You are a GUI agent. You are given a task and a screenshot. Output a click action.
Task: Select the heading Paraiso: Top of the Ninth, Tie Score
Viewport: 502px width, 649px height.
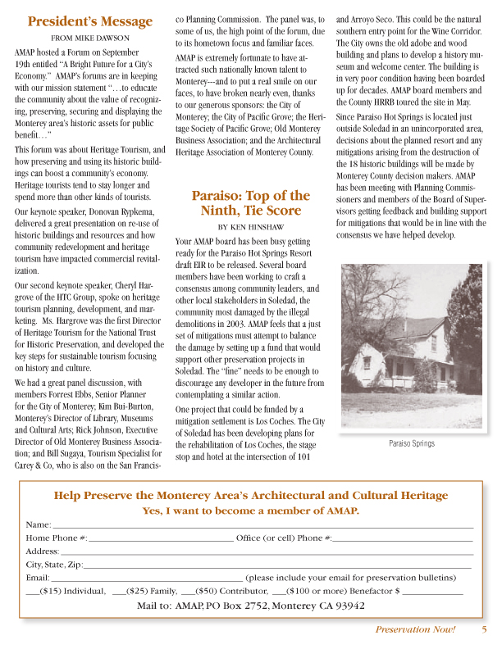pos(250,203)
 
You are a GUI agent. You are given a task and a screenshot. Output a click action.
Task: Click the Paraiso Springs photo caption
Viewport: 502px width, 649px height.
pos(411,443)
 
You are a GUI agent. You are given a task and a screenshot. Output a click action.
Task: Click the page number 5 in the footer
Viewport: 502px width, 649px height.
pos(484,629)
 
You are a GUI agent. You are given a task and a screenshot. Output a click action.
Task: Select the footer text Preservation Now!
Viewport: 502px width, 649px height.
pos(415,629)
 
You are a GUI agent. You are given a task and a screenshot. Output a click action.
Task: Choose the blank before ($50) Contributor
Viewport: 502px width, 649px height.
pos(187,592)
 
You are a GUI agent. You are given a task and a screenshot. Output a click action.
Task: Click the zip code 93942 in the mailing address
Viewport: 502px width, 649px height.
pos(347,606)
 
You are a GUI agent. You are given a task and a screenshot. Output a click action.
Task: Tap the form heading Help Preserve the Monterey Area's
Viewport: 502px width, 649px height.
pos(250,495)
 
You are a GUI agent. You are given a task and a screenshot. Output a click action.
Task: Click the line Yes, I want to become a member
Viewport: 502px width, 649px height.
pos(250,511)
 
